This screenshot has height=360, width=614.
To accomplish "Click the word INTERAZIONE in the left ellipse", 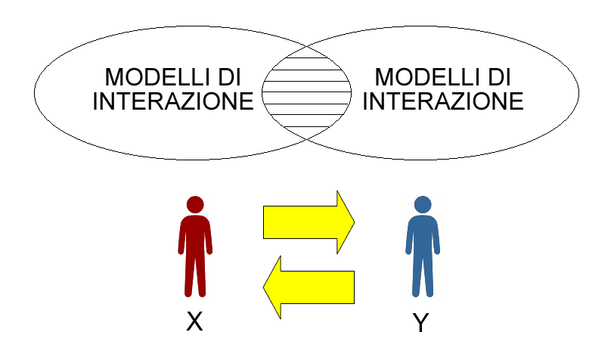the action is pos(173,101).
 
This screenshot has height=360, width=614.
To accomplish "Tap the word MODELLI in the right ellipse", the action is pos(426,77).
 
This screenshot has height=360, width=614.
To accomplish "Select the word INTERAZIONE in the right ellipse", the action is pos(443,101).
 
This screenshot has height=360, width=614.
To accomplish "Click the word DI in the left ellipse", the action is pos(229,77).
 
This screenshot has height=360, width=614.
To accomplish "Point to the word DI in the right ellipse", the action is pos(499,77).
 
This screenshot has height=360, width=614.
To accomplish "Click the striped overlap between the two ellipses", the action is pos(306,92).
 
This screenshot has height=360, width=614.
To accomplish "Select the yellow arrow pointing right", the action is pos(309,222).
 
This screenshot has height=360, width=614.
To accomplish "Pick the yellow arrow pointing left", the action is pos(309,287).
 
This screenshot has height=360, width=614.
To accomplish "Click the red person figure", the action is pos(195,247).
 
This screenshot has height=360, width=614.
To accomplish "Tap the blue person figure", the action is pos(423,247).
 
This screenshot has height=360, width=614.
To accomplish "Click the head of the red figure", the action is pos(195,204).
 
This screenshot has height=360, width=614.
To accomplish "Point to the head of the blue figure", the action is pos(423,204).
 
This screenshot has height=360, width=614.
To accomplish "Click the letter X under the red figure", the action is pos(194,321).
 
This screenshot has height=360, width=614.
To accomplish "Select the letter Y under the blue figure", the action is pos(420,322).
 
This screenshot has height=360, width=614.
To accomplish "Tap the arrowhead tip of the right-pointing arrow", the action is pos(355,222).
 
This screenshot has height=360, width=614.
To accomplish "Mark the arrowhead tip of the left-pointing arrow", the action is pos(264,287).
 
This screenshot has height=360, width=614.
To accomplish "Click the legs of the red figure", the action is pos(195,275).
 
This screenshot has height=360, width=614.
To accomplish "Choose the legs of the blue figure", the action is pos(423,275).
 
